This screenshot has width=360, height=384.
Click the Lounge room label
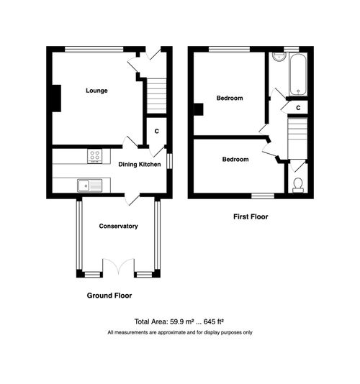click(x=96, y=91)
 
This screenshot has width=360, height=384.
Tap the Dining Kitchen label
click(x=140, y=165)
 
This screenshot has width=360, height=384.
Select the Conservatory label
click(x=118, y=227)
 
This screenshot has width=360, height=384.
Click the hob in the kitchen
click(x=94, y=156)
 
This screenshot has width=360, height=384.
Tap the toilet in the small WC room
click(x=298, y=185)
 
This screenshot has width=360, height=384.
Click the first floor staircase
click(x=297, y=137)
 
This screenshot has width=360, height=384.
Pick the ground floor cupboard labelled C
click(x=156, y=132)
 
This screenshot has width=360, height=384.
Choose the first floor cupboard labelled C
click(x=298, y=107)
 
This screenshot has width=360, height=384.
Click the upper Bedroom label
click(x=230, y=98)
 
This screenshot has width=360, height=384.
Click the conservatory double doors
click(x=119, y=266)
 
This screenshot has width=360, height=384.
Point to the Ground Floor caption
click(x=109, y=296)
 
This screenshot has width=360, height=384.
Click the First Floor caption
click(x=251, y=216)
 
